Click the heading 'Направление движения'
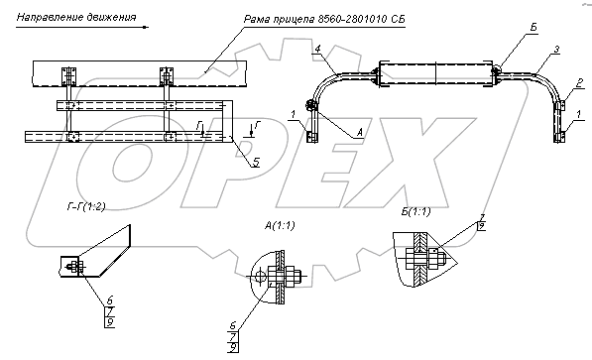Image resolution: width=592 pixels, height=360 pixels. tap(76, 18)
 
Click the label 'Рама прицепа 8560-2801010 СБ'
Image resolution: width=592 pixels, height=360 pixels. tap(324, 19)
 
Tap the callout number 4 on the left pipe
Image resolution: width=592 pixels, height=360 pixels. tap(318, 49)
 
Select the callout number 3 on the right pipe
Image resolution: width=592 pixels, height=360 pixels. tap(556, 50)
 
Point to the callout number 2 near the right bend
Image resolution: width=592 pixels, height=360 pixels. tap(580, 82)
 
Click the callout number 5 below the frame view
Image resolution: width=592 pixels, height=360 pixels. tap(256, 162)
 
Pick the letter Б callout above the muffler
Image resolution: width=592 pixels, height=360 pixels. tap(533, 27)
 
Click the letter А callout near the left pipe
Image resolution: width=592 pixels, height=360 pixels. tap(359, 133)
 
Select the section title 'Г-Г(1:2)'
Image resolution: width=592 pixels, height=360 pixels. tap(86, 206)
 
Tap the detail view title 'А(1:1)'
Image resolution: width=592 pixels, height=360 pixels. tap(280, 225)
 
